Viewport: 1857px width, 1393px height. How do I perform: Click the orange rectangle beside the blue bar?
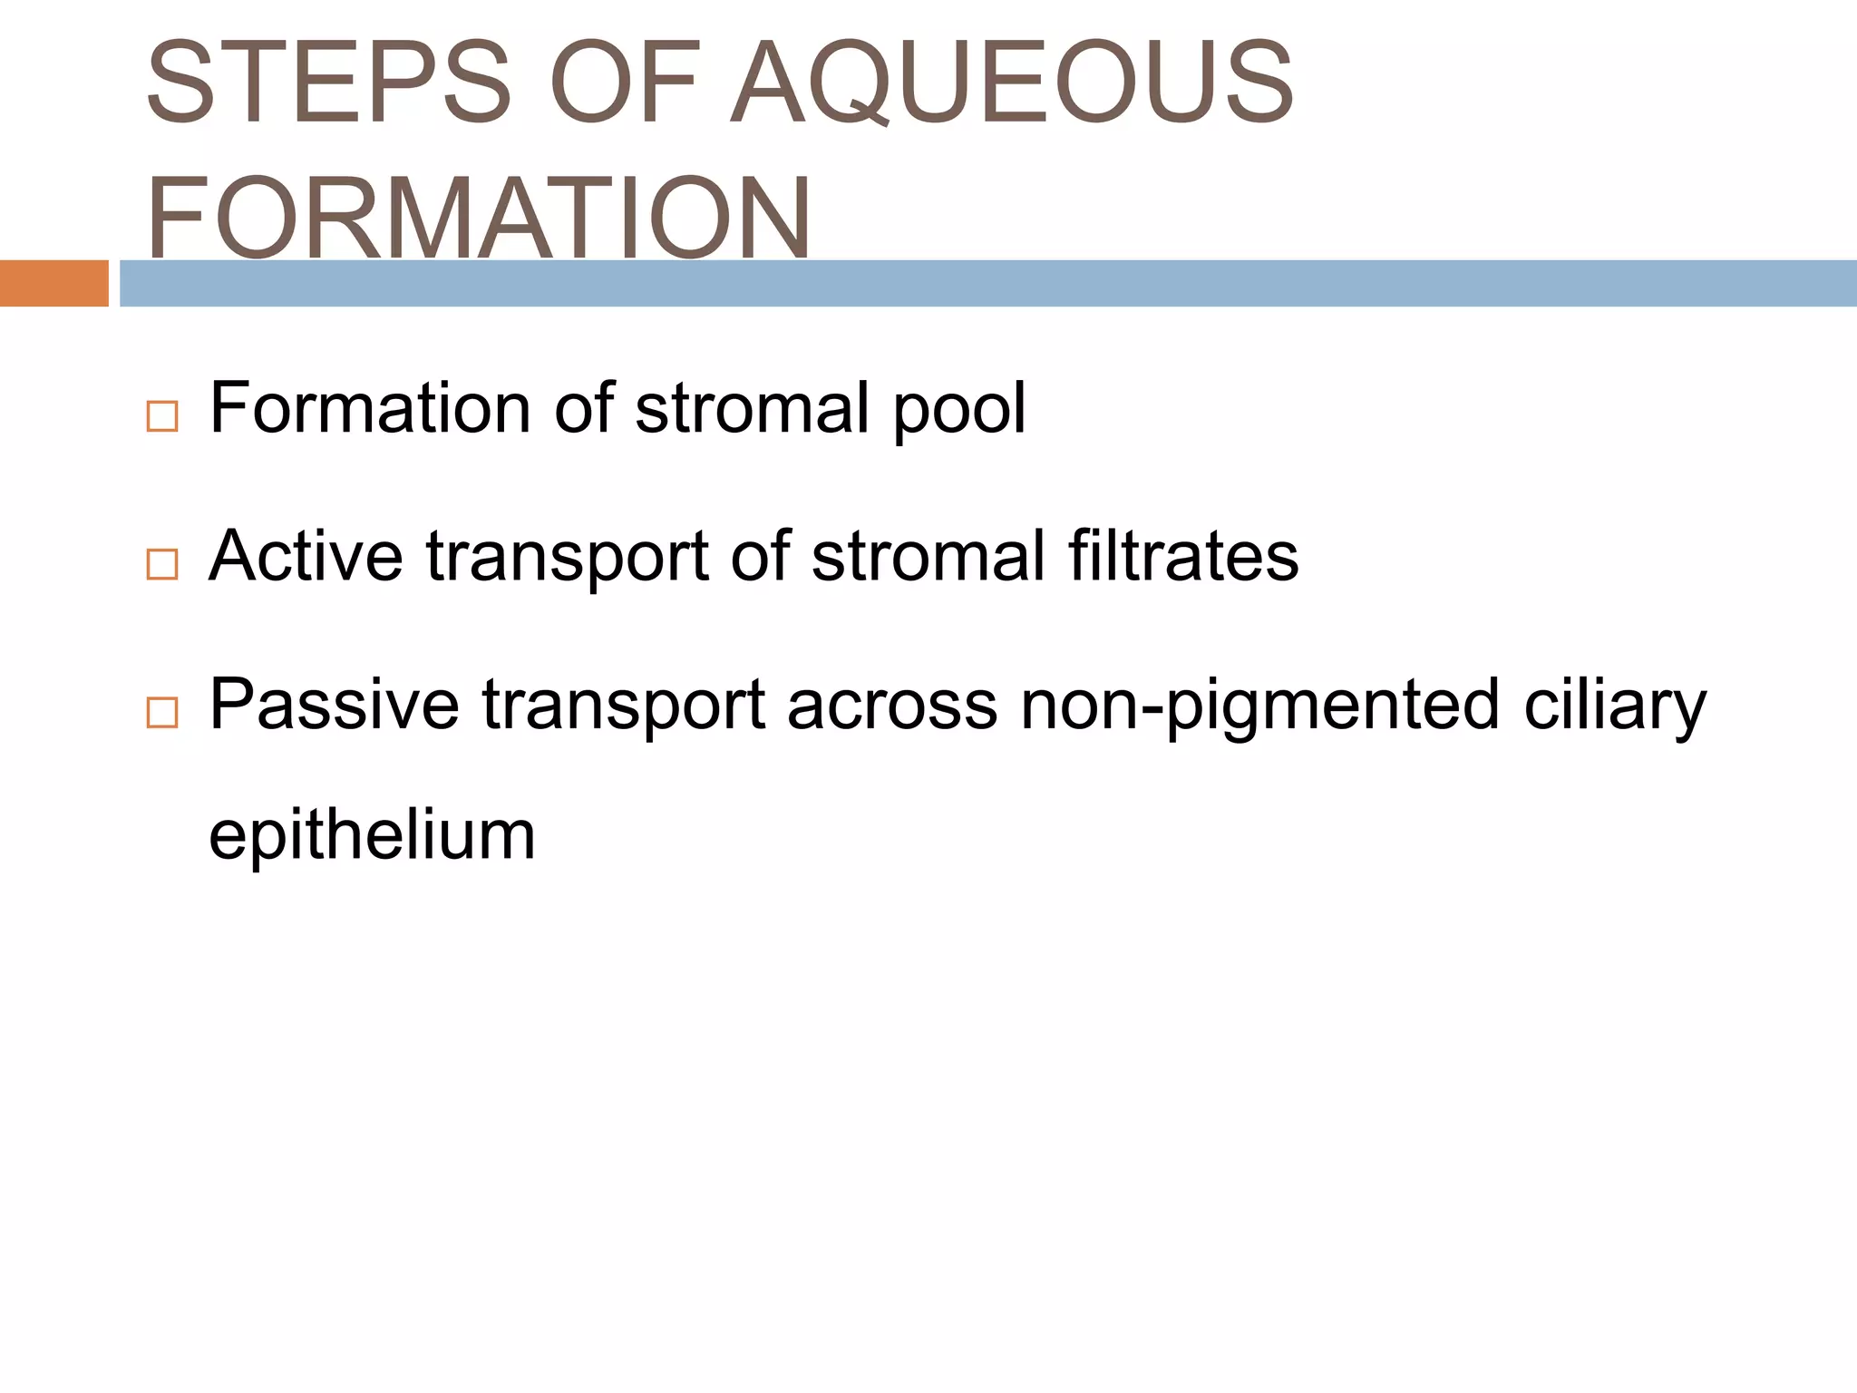[x=53, y=283]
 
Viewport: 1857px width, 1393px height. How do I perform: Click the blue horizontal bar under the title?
[x=987, y=283]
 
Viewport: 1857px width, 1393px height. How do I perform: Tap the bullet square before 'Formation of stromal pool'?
[x=161, y=417]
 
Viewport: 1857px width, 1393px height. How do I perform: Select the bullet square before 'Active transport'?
[x=161, y=565]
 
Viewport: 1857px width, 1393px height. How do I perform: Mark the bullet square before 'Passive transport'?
[x=161, y=714]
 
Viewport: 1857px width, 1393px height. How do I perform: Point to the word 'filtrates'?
[x=1182, y=556]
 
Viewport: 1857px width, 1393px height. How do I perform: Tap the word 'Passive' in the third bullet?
[x=334, y=705]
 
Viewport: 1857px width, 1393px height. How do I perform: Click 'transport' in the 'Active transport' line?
[x=567, y=558]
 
